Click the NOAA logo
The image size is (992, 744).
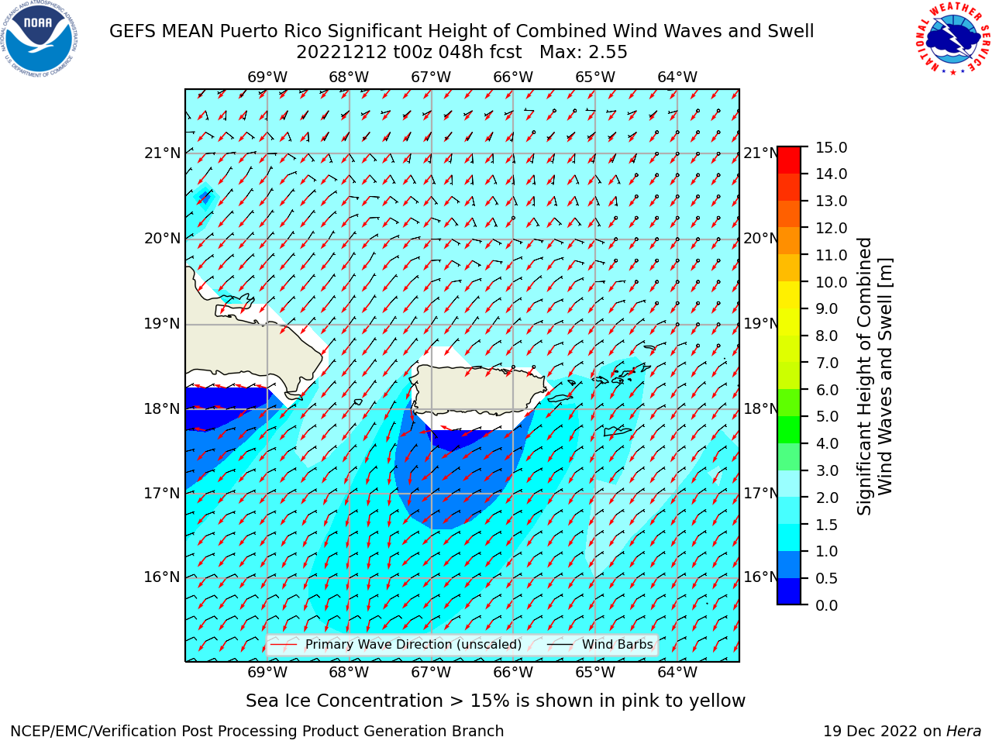(x=40, y=39)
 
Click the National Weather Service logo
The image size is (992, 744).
(x=952, y=38)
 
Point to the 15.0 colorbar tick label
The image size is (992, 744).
(x=831, y=148)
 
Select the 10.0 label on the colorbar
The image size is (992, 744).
(x=831, y=282)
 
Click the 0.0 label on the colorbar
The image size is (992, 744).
(x=827, y=605)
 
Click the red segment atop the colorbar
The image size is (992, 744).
(x=789, y=160)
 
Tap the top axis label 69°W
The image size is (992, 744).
(x=267, y=77)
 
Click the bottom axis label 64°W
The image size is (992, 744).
(x=677, y=672)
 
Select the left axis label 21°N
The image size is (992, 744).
(x=162, y=153)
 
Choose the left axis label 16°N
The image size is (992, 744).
(x=162, y=577)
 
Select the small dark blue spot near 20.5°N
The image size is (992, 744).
(x=205, y=197)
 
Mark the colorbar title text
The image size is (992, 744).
(x=874, y=377)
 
